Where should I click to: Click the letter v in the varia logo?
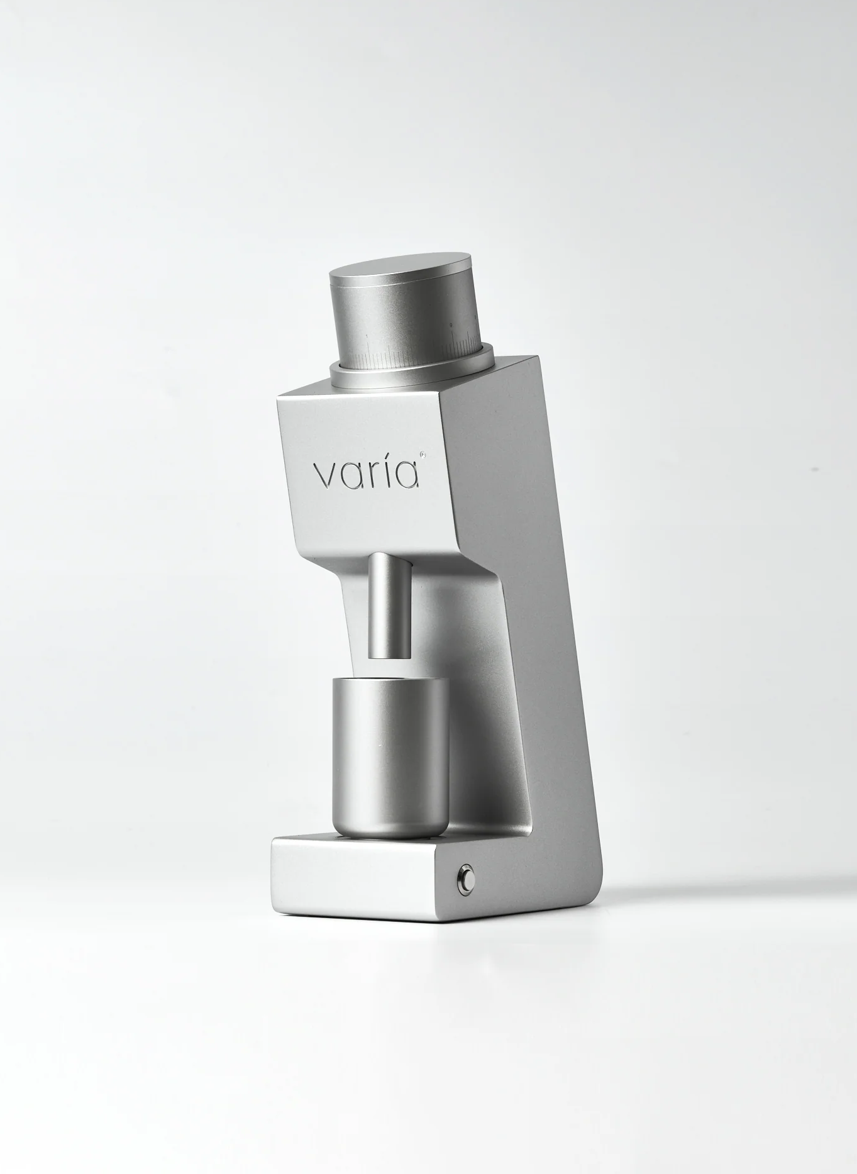click(328, 476)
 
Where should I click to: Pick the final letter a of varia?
click(407, 476)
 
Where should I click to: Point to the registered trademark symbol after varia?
click(423, 453)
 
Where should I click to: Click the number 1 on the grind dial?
click(367, 336)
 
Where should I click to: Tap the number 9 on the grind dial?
click(450, 325)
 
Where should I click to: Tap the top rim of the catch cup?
click(390, 680)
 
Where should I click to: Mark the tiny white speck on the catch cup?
click(380, 745)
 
